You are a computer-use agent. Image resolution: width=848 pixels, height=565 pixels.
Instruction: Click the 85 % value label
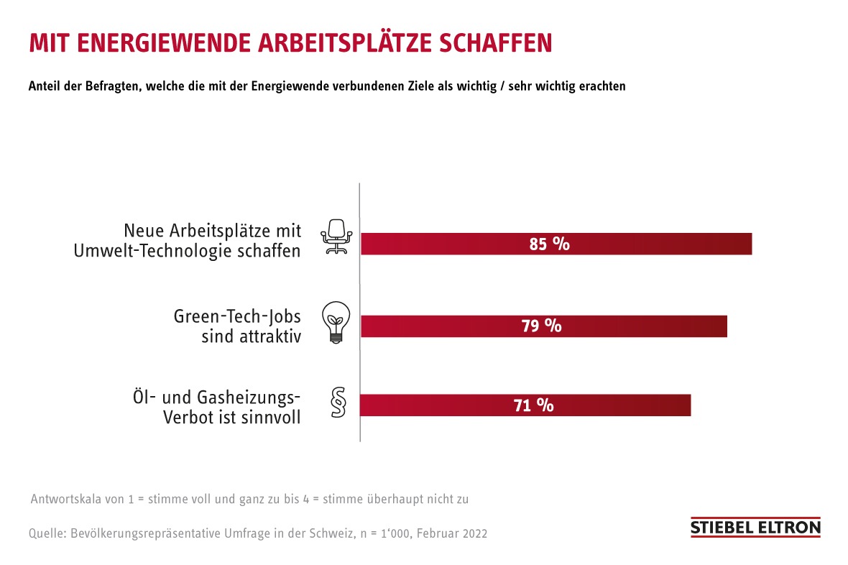click(x=549, y=244)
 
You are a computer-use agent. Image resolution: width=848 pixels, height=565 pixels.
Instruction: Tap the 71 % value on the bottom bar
click(x=533, y=405)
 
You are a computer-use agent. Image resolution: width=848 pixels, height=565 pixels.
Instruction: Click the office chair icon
click(x=336, y=236)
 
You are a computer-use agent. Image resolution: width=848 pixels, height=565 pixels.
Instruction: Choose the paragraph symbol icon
click(x=336, y=403)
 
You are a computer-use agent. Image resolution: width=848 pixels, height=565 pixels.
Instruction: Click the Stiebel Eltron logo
click(x=755, y=527)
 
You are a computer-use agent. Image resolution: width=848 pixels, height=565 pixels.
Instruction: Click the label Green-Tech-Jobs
click(x=237, y=316)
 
